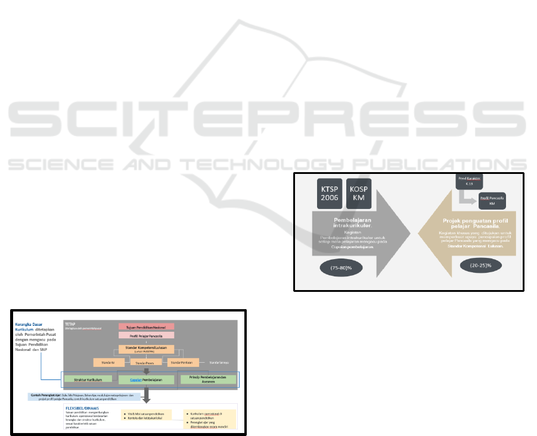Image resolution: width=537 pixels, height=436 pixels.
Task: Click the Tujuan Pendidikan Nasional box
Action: click(x=146, y=326)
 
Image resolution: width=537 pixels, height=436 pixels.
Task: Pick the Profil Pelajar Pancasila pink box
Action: click(x=146, y=335)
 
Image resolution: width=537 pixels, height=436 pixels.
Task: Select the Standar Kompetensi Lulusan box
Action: click(x=146, y=348)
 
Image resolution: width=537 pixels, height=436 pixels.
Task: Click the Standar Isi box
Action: click(x=108, y=362)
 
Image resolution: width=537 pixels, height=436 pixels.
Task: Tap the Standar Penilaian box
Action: click(x=184, y=362)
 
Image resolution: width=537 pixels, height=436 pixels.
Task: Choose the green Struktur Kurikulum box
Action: click(x=88, y=379)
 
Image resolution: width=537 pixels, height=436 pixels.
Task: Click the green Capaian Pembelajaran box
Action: click(x=146, y=379)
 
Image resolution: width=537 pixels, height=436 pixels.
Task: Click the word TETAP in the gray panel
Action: click(x=70, y=324)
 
